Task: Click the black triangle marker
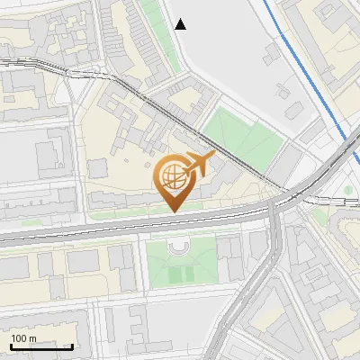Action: [x=181, y=24]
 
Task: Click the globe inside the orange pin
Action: [x=173, y=175]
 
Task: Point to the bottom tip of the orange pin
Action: [x=173, y=211]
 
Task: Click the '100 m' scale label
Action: [x=23, y=338]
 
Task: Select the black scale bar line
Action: [x=41, y=346]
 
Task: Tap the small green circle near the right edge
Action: [x=348, y=191]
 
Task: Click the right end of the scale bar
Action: [x=72, y=346]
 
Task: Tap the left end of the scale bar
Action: [x=11, y=346]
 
